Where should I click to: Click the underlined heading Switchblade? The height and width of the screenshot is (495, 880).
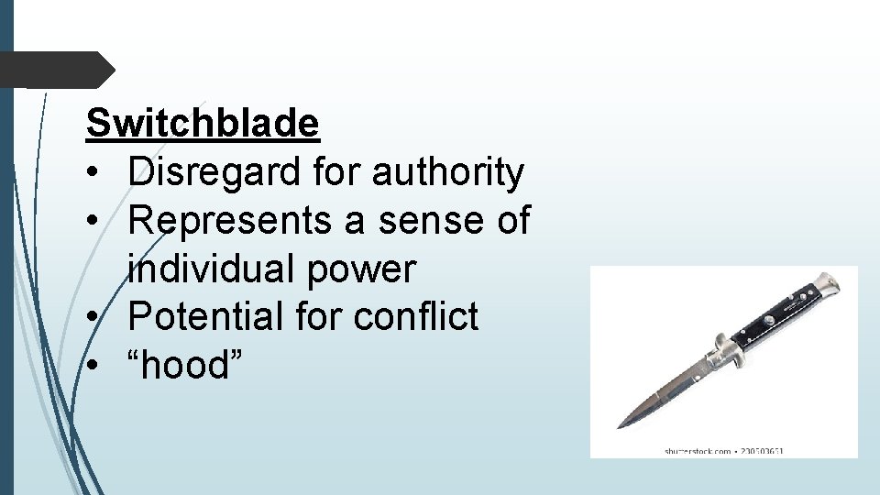[203, 123]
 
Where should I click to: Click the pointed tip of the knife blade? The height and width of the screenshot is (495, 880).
[620, 426]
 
